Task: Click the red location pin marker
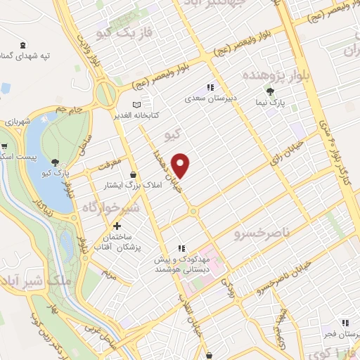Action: click(181, 165)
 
